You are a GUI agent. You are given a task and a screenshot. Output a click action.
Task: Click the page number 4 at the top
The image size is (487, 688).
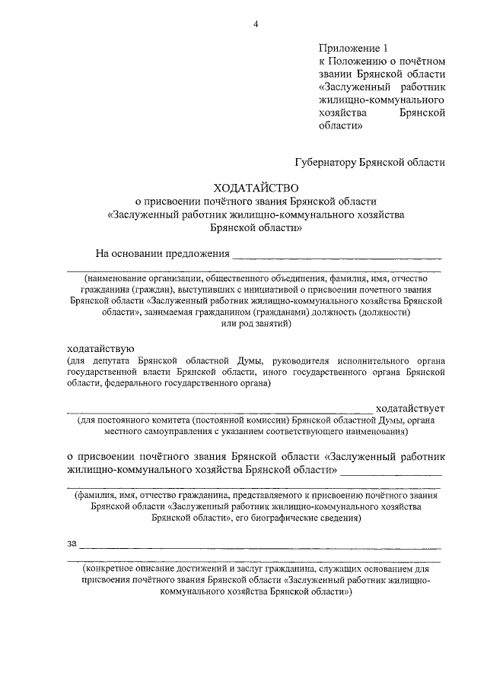pos(256,24)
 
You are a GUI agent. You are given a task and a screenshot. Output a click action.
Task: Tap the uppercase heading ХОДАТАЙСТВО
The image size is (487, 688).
pos(256,187)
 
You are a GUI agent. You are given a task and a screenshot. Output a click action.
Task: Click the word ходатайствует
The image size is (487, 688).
pos(410,408)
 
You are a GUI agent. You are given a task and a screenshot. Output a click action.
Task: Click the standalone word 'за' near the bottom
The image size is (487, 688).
pos(72,543)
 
